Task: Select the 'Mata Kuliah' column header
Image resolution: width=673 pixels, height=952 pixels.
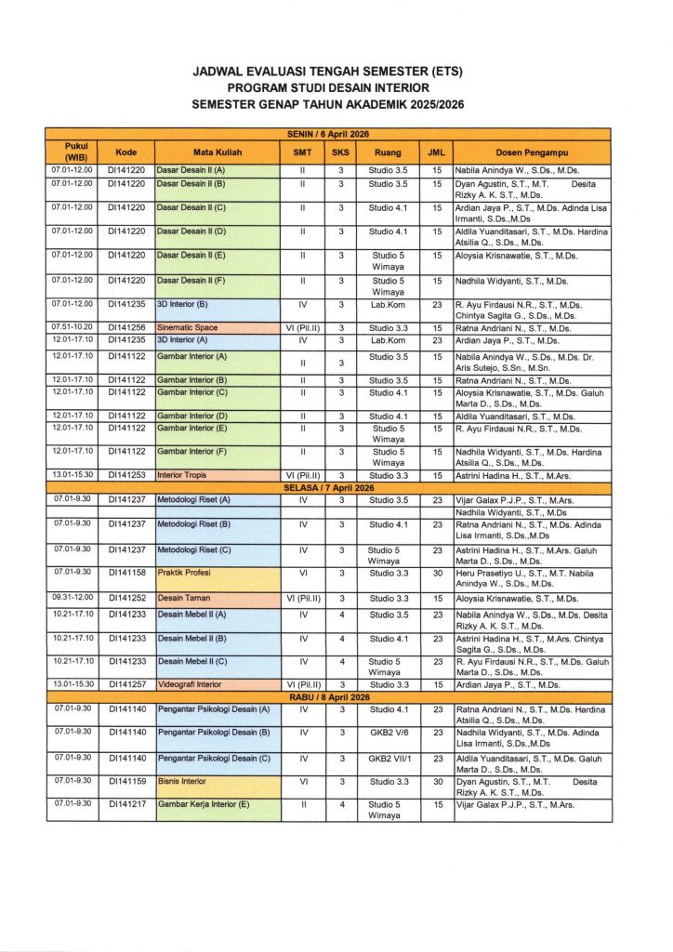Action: tap(218, 152)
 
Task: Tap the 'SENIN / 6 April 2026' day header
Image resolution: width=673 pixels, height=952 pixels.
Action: tap(328, 135)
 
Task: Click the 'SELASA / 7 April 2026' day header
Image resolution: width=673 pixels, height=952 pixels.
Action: tap(328, 487)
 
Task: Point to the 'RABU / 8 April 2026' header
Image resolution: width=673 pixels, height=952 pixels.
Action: tap(328, 697)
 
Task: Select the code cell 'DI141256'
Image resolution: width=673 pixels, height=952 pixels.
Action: tap(126, 328)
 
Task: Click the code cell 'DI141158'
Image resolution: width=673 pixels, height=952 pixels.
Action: tap(126, 573)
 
